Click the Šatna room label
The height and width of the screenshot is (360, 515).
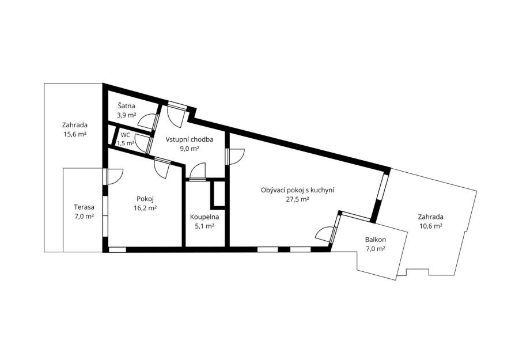point(127,106)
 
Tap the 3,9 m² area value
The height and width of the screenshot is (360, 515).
point(127,115)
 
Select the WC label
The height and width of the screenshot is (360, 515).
point(126,135)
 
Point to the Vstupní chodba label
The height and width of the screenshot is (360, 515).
point(190,139)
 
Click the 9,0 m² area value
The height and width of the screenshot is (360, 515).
point(190,149)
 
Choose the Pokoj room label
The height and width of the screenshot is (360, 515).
point(145,199)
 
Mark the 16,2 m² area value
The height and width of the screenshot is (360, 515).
point(145,208)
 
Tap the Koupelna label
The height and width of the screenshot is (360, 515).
point(205,217)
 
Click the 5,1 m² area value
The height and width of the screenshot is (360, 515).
point(205,226)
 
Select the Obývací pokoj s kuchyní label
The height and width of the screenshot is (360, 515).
point(298,190)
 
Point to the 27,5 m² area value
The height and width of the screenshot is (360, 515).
point(298,199)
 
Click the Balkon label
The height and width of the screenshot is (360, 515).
point(376,240)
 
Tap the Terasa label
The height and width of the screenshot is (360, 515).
point(84,207)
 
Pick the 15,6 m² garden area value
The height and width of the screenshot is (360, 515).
point(75,134)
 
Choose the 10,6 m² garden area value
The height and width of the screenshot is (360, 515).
point(430,226)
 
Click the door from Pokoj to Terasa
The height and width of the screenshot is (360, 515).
point(113,176)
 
